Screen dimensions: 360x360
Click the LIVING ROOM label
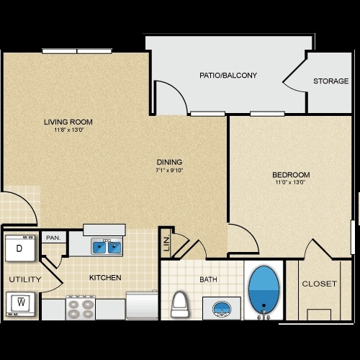click(x=68, y=122)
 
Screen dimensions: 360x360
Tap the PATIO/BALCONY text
click(x=228, y=75)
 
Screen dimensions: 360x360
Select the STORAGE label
click(x=330, y=81)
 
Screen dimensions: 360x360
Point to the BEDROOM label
click(x=291, y=175)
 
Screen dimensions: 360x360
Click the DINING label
click(x=170, y=162)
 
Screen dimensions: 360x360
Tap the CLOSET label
click(x=319, y=284)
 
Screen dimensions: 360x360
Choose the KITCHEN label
click(x=105, y=277)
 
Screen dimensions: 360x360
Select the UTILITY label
click(x=24, y=279)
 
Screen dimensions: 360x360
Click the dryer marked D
click(x=20, y=248)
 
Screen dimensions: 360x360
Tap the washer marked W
click(x=21, y=302)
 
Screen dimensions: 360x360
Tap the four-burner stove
click(x=81, y=308)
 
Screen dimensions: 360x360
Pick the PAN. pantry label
click(x=53, y=238)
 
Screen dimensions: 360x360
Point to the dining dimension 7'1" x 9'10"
click(x=170, y=171)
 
